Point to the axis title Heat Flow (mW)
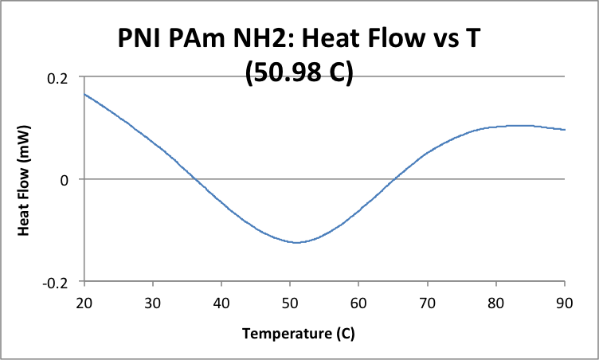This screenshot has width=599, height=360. tap(24, 179)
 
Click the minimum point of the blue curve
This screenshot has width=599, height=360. tap(296, 242)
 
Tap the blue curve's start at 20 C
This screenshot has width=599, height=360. tap(84, 94)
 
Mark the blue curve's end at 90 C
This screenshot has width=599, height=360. tap(565, 129)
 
